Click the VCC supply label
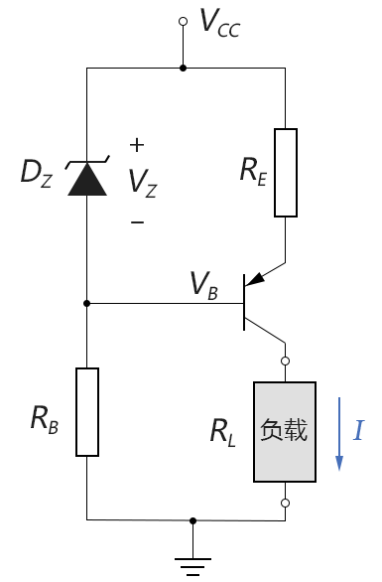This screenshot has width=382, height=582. point(220,23)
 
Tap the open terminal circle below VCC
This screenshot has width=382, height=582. point(183,22)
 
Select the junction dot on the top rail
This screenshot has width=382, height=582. point(183,68)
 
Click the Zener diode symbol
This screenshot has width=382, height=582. point(87,176)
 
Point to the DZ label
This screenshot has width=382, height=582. point(37,173)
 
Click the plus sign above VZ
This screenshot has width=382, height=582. point(137,145)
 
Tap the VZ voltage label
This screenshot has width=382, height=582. point(143,183)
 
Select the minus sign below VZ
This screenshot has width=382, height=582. point(137,221)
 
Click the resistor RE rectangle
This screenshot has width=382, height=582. point(286,173)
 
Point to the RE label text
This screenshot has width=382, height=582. point(253,172)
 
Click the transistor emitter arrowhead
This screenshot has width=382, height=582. point(255,279)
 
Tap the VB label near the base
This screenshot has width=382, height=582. point(203,285)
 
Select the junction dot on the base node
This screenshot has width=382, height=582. point(86,303)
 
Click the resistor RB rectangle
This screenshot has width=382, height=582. point(87,412)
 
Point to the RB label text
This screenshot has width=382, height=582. point(44,420)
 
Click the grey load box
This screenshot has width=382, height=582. point(285,432)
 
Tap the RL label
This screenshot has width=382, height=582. point(222,432)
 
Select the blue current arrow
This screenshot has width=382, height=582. point(339,434)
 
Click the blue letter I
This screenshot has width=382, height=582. point(358,431)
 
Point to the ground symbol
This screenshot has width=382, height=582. point(192,567)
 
